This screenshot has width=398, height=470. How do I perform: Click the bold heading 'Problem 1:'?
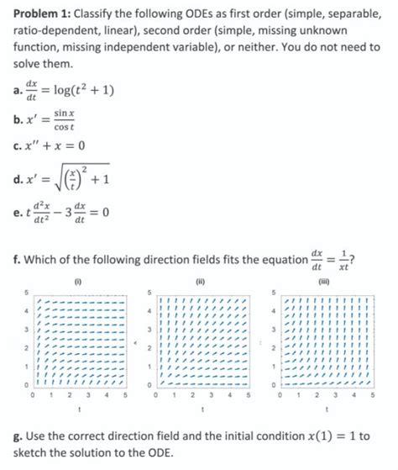(43, 11)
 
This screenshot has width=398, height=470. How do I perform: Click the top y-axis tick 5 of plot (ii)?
(149, 292)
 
